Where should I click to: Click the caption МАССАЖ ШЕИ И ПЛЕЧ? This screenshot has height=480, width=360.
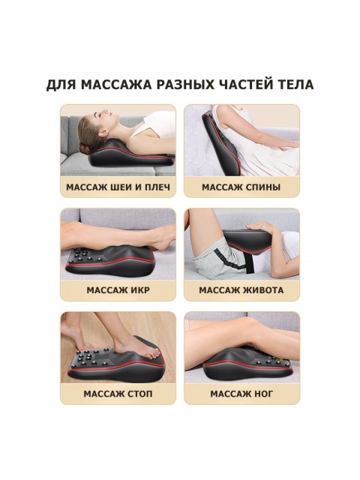point(118,187)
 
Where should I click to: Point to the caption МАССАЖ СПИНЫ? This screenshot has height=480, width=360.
point(241,187)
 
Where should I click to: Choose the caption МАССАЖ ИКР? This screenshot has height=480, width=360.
point(118,289)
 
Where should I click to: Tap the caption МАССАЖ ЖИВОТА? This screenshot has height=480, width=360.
point(241,289)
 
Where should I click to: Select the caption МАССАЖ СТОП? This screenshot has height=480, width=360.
point(118,393)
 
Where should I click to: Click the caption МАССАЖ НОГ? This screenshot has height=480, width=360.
point(241,393)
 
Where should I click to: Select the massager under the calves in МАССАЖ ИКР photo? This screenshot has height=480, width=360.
point(112,262)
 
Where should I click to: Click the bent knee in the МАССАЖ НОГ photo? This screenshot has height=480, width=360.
point(225,330)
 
